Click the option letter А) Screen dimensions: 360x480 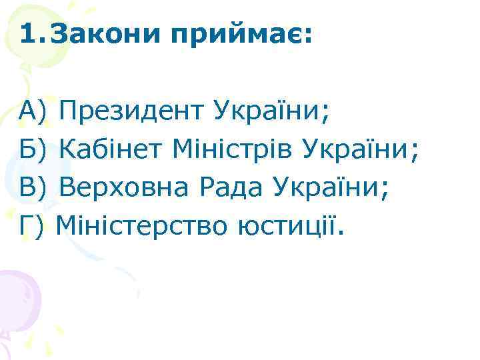[x=32, y=109]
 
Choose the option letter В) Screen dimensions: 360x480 [x=32, y=189]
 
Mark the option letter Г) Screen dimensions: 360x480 [x=32, y=229]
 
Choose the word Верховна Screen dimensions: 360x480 [x=127, y=189]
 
